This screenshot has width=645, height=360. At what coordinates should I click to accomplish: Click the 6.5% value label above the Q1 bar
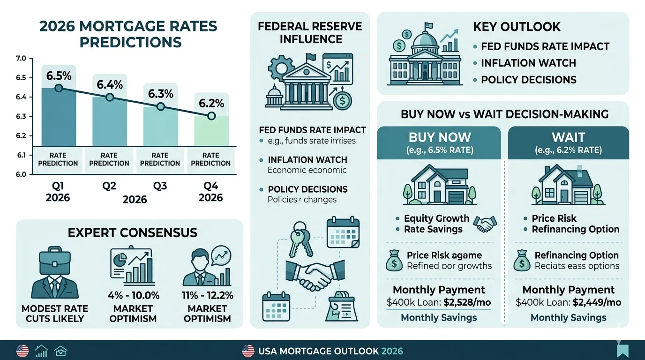58,75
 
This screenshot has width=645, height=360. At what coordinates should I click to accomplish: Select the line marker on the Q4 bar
211,116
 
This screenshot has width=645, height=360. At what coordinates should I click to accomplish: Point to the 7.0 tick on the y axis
21,59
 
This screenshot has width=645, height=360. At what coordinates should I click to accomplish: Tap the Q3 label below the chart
160,186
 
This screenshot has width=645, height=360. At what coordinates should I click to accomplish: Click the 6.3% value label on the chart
160,93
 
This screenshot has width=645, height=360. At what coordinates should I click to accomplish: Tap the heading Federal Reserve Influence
310,32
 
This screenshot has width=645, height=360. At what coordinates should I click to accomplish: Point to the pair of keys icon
300,239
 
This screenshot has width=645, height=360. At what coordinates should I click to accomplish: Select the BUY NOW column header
439,142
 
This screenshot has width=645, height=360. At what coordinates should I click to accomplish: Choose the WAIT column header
568,142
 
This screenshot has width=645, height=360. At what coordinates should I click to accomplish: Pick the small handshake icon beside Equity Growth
485,224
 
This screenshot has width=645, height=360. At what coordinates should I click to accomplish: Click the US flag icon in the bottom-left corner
22,351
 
